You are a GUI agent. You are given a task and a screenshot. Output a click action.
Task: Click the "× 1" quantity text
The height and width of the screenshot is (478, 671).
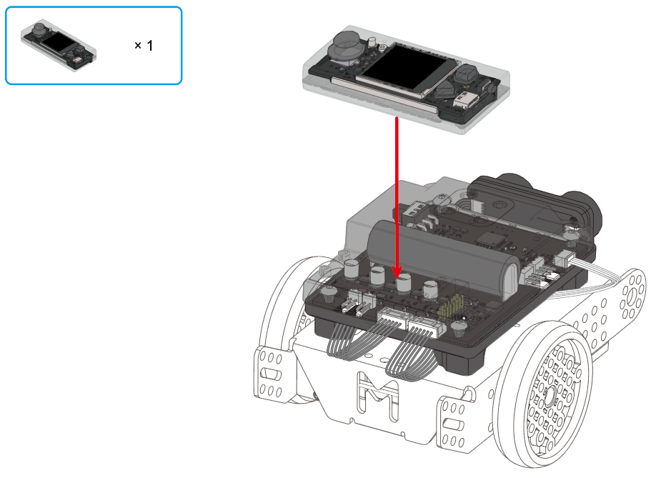[x=144, y=46]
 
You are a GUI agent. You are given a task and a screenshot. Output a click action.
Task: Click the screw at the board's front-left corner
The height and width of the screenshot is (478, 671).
[x=328, y=292]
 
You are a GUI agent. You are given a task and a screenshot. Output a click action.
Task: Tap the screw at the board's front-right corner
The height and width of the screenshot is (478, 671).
[x=458, y=330]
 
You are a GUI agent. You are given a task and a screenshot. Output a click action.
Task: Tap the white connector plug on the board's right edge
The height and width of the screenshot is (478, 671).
[x=565, y=259]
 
